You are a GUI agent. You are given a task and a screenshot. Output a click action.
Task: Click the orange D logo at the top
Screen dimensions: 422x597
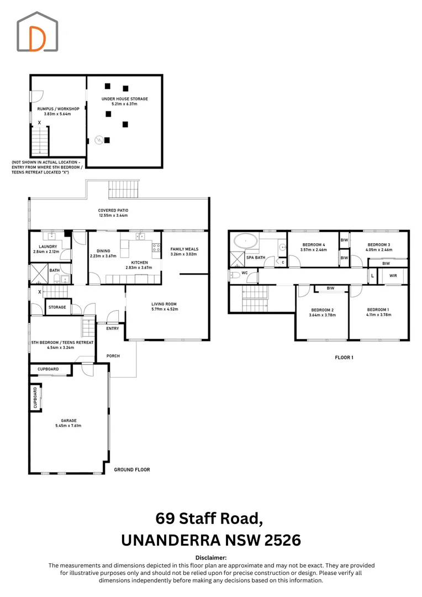coord(37,39)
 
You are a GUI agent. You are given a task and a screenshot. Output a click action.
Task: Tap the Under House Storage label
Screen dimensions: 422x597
coord(125,99)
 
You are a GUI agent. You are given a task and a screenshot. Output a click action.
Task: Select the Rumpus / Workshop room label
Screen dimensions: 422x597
coord(58,109)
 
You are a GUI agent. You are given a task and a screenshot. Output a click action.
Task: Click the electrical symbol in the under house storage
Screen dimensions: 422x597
coord(99,140)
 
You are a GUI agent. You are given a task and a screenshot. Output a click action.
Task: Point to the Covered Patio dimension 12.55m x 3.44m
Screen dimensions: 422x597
coord(113,216)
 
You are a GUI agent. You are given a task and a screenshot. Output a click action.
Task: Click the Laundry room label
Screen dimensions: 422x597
coord(48,247)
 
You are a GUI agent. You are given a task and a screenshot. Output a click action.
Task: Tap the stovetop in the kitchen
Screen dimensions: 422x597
coord(156,248)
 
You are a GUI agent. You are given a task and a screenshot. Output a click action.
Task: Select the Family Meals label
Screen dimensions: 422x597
coord(184,249)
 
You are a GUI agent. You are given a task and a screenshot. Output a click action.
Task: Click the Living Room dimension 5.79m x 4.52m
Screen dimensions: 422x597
coord(164,309)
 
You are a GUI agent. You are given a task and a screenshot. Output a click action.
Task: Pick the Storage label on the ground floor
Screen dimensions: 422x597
coord(57,307)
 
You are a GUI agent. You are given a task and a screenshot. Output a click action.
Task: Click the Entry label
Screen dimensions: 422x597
coord(113,328)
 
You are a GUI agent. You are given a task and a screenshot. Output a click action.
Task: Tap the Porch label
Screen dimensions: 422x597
coord(113,356)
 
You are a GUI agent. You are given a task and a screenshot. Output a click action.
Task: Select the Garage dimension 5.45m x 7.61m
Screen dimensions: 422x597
coord(68,426)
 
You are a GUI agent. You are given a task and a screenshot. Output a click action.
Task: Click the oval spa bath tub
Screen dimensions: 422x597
coord(245,242)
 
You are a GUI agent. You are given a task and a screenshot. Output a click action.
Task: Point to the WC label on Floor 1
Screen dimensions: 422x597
coord(245,273)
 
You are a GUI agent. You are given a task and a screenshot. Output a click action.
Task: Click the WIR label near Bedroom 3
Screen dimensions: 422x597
coord(393,276)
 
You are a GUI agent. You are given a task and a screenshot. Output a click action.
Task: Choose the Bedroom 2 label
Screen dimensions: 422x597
coord(323,310)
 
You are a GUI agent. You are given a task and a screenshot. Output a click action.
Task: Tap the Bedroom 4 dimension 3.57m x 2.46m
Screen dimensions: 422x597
coord(314,250)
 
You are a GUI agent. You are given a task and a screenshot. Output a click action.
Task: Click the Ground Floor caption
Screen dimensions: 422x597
coord(132,470)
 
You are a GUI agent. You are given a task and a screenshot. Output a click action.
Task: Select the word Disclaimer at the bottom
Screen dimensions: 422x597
coord(211,558)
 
